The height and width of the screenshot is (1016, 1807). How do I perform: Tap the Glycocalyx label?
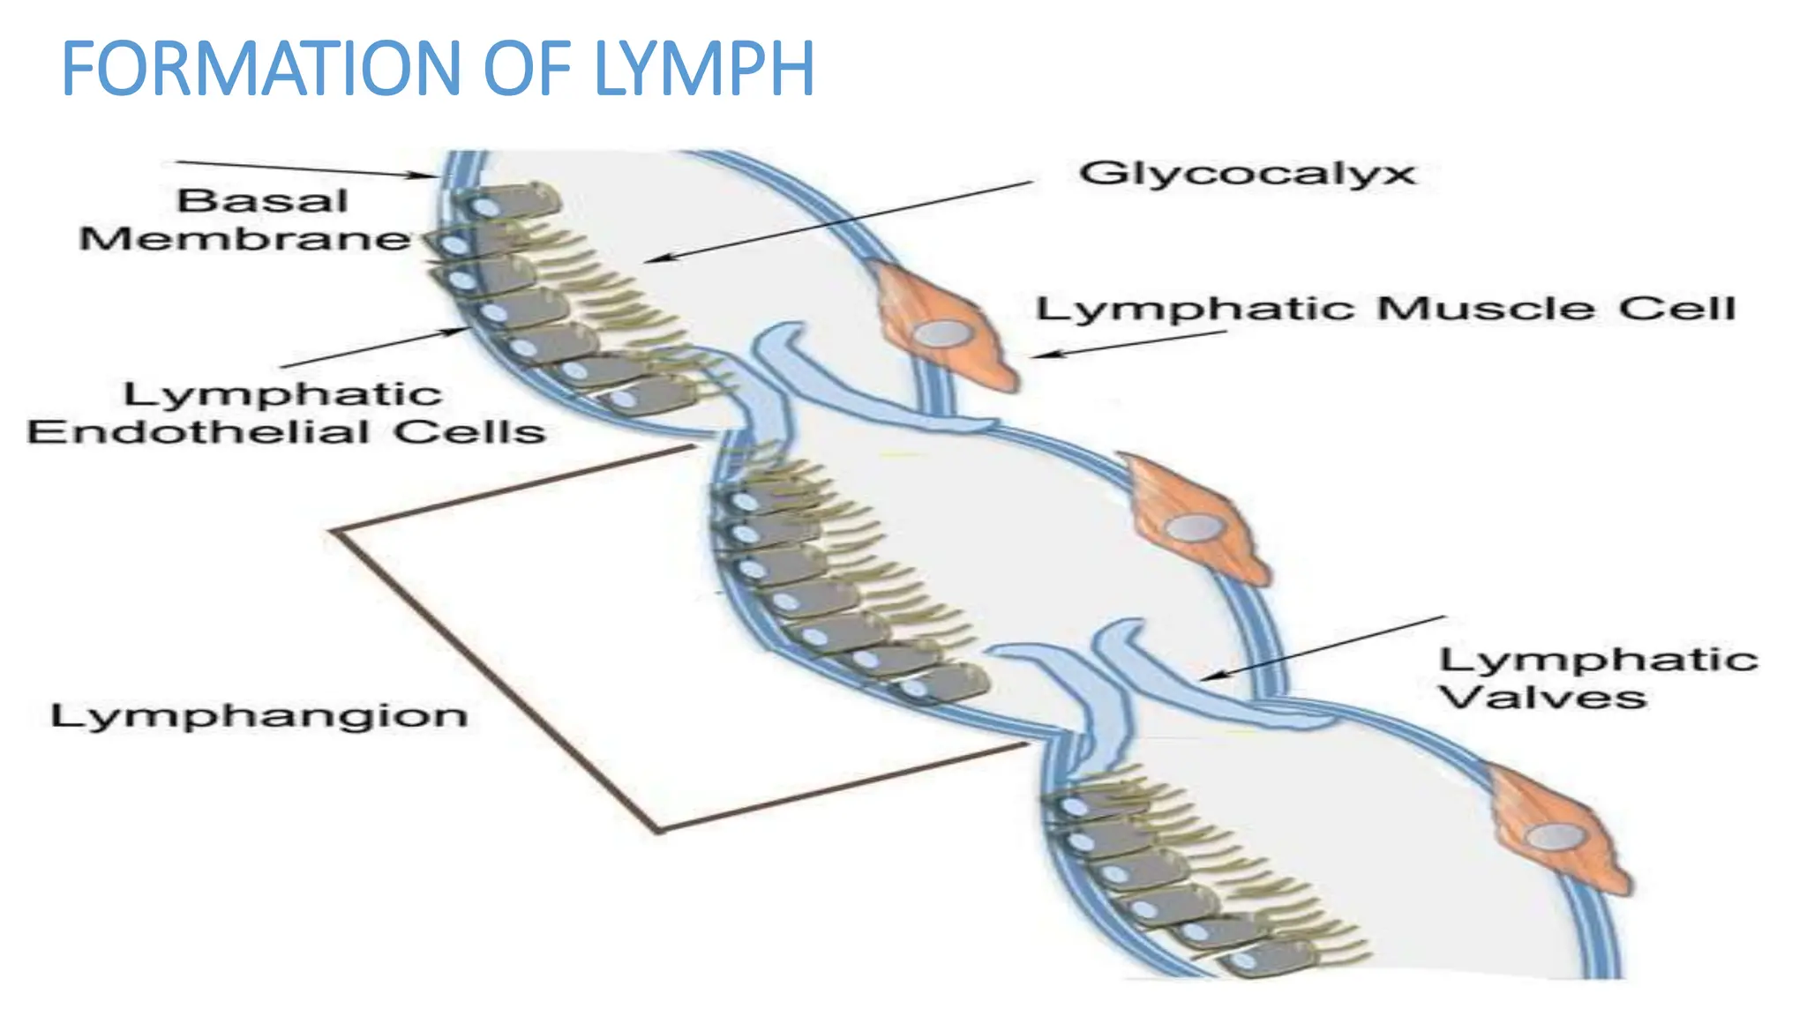click(1247, 174)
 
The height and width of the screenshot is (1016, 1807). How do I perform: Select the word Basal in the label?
click(262, 201)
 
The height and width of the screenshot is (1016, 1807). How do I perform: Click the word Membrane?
click(244, 239)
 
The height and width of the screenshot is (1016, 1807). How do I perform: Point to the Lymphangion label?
click(259, 715)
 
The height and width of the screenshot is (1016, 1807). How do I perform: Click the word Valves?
click(1542, 698)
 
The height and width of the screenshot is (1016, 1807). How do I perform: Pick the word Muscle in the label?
click(1485, 309)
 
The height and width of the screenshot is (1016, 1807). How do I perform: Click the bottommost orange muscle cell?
click(1557, 833)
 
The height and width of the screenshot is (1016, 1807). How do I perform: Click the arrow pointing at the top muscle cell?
click(1129, 344)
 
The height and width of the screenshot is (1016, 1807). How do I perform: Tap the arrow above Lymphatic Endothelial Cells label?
click(375, 348)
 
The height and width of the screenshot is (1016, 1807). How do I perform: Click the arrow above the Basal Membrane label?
click(304, 168)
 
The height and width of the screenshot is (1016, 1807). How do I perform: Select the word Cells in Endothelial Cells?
click(469, 432)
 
